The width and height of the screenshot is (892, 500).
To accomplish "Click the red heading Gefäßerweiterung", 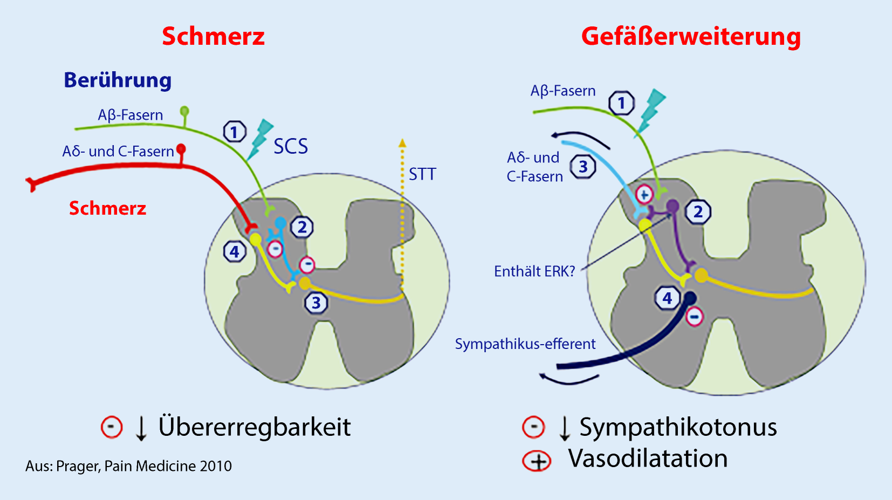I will pos(691,37).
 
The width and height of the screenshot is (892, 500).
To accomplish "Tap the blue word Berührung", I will pos(118,80).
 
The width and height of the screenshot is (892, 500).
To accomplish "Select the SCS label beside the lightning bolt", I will pos(291,147).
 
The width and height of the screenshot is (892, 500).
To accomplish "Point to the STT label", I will pos(422,174).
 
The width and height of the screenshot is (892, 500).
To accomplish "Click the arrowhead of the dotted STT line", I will pos(402,143).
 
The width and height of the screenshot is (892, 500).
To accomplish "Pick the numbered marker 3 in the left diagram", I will pos(316,303).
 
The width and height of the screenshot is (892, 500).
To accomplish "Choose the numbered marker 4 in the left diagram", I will pos(235,251).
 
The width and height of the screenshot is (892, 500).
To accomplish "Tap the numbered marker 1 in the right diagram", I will pos(621,102).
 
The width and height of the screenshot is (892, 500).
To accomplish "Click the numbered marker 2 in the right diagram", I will pos(698,211).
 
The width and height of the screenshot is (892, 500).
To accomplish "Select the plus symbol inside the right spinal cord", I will pos(644,194).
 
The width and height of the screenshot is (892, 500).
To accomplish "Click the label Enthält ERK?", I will pos(534,271).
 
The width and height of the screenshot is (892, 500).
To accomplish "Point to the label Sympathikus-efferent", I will pos(525,344).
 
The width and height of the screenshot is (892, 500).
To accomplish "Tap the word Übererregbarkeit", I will pos(255,427).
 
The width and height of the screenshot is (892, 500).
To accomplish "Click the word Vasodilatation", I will pos(648,459).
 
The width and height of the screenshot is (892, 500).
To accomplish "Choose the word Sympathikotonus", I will pos(678,427).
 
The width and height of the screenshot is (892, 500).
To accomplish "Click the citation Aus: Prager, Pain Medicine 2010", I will pos(128,466).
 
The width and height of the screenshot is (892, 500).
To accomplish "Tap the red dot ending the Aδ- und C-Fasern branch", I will pos(181,148).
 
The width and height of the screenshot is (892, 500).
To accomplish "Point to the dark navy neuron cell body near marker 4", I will pos(690,298).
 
